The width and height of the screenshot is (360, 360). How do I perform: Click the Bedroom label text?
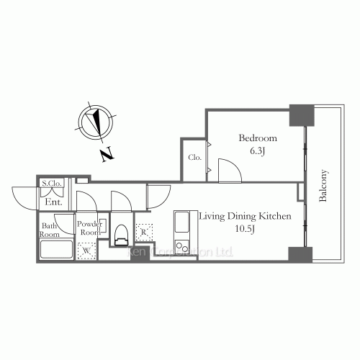pos(258,138)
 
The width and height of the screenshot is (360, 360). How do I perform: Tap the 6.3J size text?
pos(258,150)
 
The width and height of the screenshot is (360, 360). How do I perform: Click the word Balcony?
pos(325,186)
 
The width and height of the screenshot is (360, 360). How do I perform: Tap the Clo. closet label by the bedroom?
pos(194,157)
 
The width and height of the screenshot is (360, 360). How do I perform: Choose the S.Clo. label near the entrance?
pos(53,184)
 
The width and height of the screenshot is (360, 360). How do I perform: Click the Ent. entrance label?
pos(54,202)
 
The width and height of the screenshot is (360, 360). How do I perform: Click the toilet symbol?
pos(121,232)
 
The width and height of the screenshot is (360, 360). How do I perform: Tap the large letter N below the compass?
pos(107,153)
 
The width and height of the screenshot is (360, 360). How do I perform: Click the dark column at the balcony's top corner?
pos(301,114)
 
